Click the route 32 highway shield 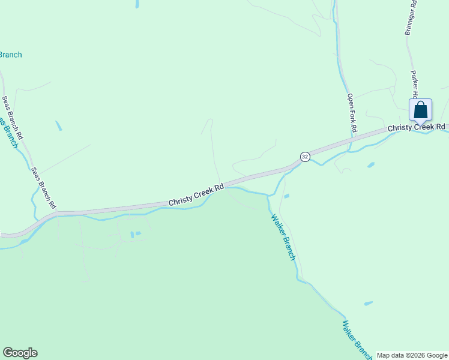tap(305, 157)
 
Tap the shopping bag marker tap(420, 110)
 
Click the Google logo tap(20, 353)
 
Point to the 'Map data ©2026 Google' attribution tap(412, 355)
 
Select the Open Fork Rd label tap(352, 112)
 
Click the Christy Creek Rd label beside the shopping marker tap(417, 127)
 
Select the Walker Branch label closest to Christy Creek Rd tap(283, 237)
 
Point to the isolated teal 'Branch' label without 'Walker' tap(10, 55)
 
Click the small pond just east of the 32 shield tap(370, 164)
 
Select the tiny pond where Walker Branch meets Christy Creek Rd tap(286, 196)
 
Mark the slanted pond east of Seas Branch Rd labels tap(59, 126)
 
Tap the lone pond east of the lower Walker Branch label tap(368, 304)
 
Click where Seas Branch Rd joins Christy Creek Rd tap(55, 212)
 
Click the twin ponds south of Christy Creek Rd tap(135, 234)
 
